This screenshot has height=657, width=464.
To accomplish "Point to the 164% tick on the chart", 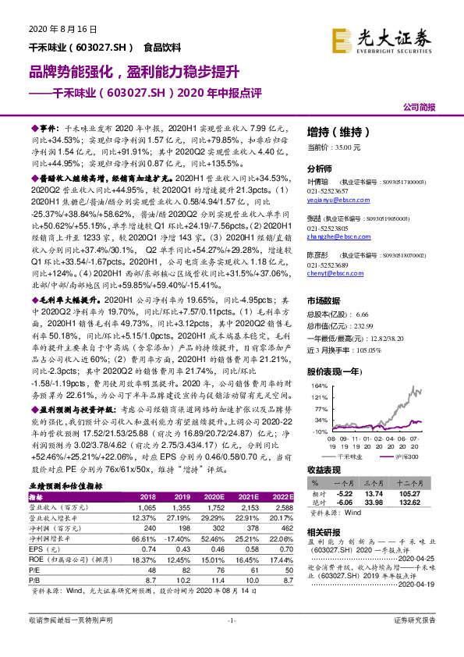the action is tap(317, 385).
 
